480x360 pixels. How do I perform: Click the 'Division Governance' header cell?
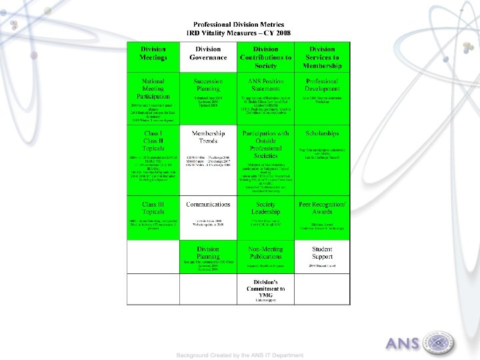208,53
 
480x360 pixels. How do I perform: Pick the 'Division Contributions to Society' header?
265,57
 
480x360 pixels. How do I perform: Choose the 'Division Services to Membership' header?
322,57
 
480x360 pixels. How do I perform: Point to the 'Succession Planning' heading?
208,85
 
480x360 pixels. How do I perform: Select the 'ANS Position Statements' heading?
265,85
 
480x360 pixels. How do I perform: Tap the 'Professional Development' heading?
322,85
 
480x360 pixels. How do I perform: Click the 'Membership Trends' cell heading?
208,137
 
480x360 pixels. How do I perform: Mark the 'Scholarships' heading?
322,133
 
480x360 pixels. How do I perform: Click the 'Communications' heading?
208,204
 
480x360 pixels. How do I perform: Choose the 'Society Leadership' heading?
265,208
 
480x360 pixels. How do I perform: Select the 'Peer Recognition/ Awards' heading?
322,208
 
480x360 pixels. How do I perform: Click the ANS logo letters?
402,344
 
